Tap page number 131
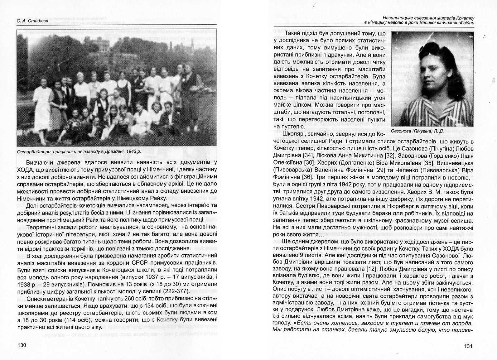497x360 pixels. (x=469, y=346)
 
